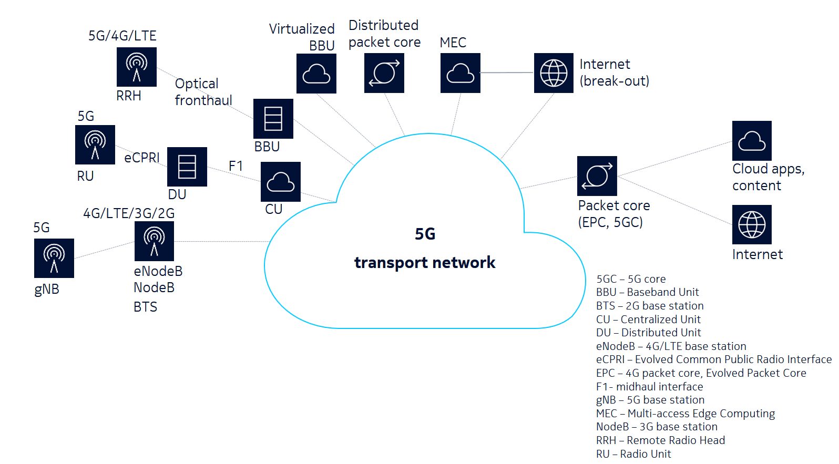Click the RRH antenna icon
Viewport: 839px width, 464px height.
pyautogui.click(x=137, y=67)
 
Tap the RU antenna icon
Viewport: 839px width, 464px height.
pyautogui.click(x=95, y=145)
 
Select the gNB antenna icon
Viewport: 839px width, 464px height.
pyautogui.click(x=54, y=258)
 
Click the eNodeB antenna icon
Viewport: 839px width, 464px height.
pyautogui.click(x=154, y=241)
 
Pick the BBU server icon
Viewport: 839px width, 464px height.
pyautogui.click(x=273, y=119)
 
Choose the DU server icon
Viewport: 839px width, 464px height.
pyautogui.click(x=187, y=167)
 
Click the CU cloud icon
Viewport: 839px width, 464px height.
pyautogui.click(x=281, y=182)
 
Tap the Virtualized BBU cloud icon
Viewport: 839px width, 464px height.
pyautogui.click(x=316, y=74)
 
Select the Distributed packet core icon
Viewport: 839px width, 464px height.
pyautogui.click(x=384, y=73)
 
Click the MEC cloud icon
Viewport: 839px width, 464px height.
pyautogui.click(x=461, y=73)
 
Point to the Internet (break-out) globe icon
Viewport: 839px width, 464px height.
pyautogui.click(x=554, y=73)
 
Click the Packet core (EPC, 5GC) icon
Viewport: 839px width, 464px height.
pyautogui.click(x=597, y=176)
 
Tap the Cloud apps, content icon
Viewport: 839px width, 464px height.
pyautogui.click(x=752, y=141)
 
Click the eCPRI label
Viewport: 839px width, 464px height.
pyautogui.click(x=141, y=158)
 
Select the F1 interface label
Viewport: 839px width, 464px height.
pyautogui.click(x=236, y=166)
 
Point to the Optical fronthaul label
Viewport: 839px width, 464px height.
pyautogui.click(x=203, y=92)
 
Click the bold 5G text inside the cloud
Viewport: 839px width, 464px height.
pyautogui.click(x=425, y=234)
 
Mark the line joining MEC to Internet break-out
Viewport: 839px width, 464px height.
pyautogui.click(x=507, y=73)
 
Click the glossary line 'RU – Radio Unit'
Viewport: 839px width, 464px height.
pyautogui.click(x=633, y=454)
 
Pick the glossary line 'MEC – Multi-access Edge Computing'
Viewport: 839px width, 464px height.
pyautogui.click(x=685, y=414)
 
